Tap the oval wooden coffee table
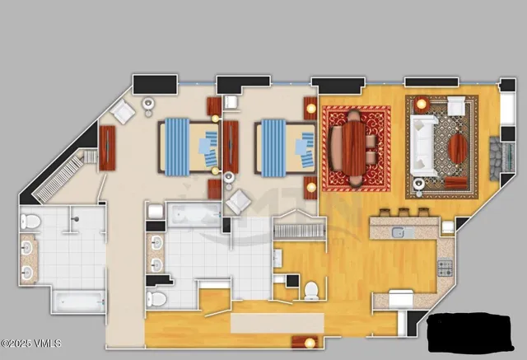[x=458, y=149]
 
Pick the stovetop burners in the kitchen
[x=445, y=267]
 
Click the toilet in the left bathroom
[x=30, y=222]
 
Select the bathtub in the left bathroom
[x=79, y=301]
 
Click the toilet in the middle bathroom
[x=159, y=297]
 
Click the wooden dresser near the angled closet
[x=108, y=148]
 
